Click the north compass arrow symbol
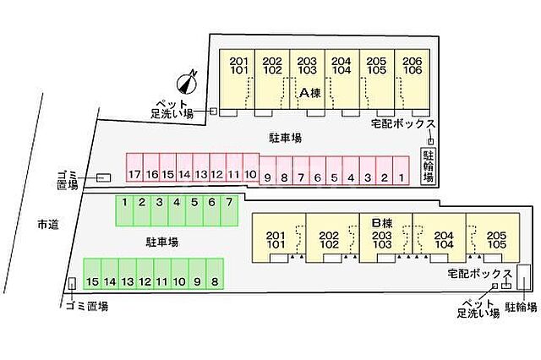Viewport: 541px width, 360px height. coord(187,81)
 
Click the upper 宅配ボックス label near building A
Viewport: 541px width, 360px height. coord(403,123)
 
